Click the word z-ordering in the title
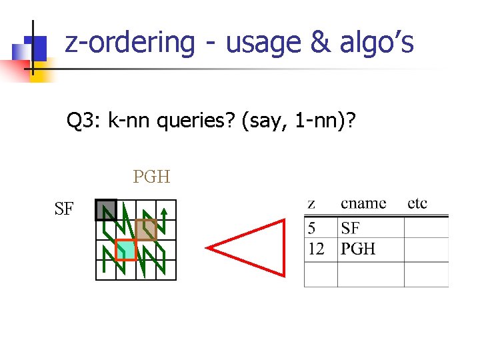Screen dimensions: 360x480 [130, 43]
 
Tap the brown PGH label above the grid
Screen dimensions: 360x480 [151, 177]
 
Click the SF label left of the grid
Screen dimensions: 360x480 [64, 209]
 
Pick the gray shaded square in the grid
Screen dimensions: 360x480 [105, 210]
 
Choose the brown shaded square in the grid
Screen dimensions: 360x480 [145, 229]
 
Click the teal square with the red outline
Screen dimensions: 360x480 [125, 249]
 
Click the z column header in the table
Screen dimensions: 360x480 [311, 203]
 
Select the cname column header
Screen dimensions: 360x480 [363, 203]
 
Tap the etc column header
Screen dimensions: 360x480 [417, 203]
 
